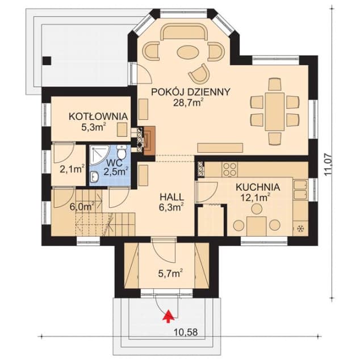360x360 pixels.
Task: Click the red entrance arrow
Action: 169,316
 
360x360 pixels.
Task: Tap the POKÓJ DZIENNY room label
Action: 190,92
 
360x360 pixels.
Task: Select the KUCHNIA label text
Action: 258,187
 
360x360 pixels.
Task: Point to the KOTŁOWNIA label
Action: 98,116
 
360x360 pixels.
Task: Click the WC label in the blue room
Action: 114,162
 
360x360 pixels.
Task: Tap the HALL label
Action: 171,197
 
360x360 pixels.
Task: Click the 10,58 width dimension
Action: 186,332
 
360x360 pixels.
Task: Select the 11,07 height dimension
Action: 328,165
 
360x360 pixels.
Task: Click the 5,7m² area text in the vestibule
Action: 170,274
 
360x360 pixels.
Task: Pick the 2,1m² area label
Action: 72,169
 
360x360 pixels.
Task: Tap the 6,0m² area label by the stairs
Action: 82,206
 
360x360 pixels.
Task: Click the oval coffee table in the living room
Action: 188,53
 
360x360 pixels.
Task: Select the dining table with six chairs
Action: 274,112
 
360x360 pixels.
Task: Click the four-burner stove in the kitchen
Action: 230,169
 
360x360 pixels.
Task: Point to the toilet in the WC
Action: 121,152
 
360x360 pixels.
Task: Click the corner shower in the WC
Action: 97,154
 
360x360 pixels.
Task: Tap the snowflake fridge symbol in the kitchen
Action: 300,228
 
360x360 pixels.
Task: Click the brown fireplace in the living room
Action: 149,140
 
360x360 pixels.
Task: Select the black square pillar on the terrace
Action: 47,61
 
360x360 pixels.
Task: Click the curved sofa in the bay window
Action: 185,32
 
